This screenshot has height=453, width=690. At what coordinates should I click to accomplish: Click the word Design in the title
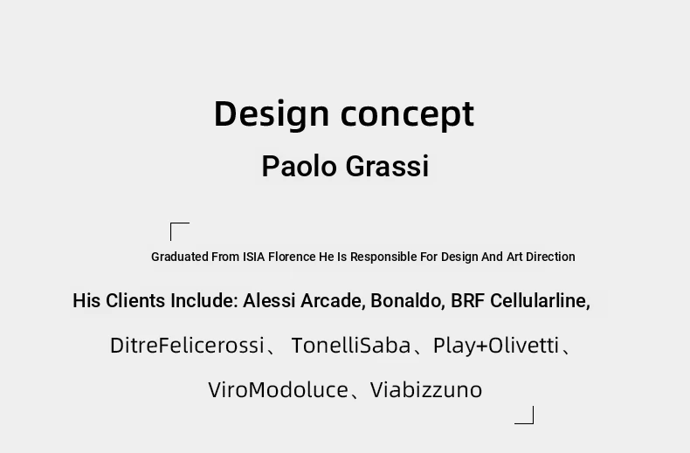click(272, 114)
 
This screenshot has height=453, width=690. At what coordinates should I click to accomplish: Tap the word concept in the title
click(408, 115)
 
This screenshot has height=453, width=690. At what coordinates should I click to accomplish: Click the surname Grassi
click(387, 166)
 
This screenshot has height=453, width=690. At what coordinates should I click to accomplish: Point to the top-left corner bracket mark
click(171, 223)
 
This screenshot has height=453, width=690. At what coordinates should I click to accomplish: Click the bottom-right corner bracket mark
click(533, 423)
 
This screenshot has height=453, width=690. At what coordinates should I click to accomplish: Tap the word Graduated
click(180, 257)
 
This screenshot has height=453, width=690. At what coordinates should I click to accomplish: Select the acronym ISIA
click(254, 257)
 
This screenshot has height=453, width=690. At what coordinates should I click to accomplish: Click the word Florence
click(292, 257)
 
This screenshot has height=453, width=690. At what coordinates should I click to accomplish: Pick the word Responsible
click(383, 257)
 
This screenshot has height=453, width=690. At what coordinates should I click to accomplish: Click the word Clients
click(135, 301)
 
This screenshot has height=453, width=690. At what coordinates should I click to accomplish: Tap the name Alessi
click(269, 301)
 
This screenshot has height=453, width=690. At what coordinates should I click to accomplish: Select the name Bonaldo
click(408, 301)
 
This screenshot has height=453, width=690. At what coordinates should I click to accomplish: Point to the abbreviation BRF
click(468, 301)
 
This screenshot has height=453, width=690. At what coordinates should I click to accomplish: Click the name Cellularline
click(540, 301)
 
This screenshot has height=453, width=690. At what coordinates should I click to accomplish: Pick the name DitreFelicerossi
click(187, 346)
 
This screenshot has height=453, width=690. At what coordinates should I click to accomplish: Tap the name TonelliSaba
click(351, 346)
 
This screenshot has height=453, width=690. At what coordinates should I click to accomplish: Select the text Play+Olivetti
click(496, 347)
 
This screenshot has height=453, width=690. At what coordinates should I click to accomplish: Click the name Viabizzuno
click(426, 390)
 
